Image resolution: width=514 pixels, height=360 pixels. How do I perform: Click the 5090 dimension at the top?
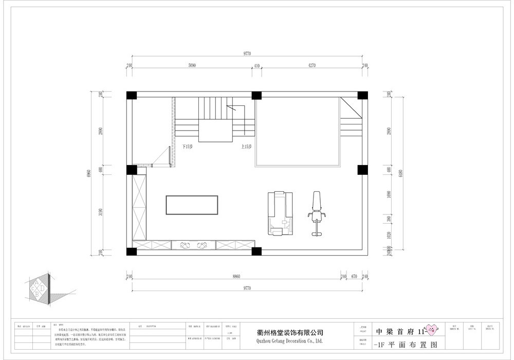coord(192,65)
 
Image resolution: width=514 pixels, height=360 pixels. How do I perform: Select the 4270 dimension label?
coord(308,65)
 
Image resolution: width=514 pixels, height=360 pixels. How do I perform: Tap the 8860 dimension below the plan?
coord(236,276)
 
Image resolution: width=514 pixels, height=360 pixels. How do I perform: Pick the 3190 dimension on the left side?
coord(101,212)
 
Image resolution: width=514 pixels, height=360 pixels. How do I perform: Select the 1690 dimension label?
coord(389,195)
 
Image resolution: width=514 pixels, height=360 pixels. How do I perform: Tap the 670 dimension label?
coord(354,276)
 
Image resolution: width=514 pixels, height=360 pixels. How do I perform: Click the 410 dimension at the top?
coord(256,65)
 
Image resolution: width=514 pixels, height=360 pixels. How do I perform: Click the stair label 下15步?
coord(187,147)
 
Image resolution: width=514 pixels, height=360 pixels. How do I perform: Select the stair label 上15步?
coord(246,147)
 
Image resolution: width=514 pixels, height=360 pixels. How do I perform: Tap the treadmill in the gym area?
coord(280,213)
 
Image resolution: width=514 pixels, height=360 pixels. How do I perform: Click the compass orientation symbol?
coord(40,289)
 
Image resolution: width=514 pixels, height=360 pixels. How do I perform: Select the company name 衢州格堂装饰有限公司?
coord(289,332)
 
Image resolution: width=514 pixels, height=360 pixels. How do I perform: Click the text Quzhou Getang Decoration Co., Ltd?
coord(289,340)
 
